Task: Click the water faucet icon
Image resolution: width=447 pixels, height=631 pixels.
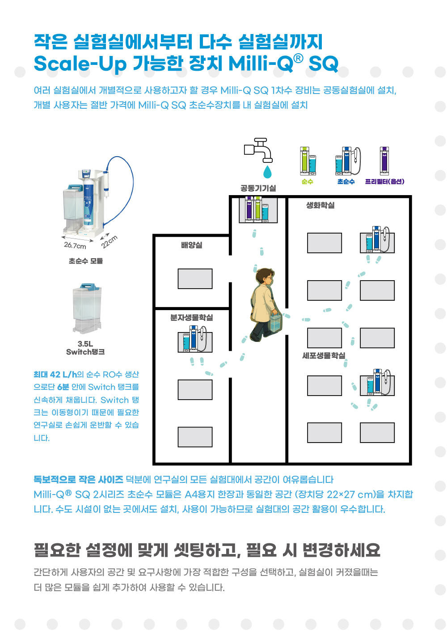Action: pos(258,150)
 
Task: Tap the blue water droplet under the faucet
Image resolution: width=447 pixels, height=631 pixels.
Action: pos(267,171)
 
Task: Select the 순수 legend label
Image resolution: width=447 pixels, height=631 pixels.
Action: pos(307,182)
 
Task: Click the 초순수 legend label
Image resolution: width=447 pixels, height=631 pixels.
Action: pos(346,182)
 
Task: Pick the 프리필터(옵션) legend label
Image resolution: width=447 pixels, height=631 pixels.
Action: pos(384,182)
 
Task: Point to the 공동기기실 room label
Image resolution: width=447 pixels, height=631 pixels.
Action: pos(258,188)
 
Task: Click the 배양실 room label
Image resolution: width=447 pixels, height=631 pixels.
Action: pos(191,245)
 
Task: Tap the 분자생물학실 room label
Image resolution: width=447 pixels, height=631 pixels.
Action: pos(191,318)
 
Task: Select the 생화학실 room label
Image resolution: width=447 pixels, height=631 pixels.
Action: pos(320,205)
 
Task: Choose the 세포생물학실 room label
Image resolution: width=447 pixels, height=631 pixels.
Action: pos(324,356)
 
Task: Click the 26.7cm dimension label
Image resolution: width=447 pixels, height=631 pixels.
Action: pos(75,245)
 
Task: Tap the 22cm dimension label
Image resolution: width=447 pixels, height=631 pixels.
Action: pos(109,241)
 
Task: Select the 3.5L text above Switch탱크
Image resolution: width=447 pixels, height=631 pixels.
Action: pos(85,344)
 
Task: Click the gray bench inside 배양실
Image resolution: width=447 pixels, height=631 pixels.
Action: pos(195,279)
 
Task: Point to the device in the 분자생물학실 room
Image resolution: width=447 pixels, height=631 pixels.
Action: pos(195,339)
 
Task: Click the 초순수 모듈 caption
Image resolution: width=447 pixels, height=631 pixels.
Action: pos(85,261)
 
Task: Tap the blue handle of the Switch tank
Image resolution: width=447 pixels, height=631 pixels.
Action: pos(87,286)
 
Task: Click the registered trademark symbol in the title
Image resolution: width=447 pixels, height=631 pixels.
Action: pos(298,58)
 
